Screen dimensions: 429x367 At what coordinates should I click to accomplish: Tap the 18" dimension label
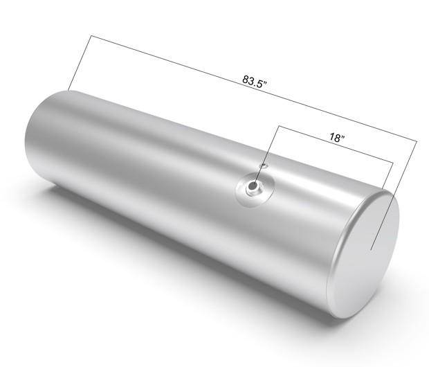point(336,137)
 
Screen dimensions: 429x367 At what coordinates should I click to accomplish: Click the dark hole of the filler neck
point(253,186)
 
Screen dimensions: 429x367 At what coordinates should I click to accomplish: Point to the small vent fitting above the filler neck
point(263,165)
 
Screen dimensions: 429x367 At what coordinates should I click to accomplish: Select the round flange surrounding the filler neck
point(255,190)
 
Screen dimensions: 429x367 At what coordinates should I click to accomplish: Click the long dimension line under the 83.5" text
point(254,88)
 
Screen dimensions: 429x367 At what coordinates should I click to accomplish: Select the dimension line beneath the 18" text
point(336,144)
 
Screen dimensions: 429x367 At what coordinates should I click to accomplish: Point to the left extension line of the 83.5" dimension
point(80,63)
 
